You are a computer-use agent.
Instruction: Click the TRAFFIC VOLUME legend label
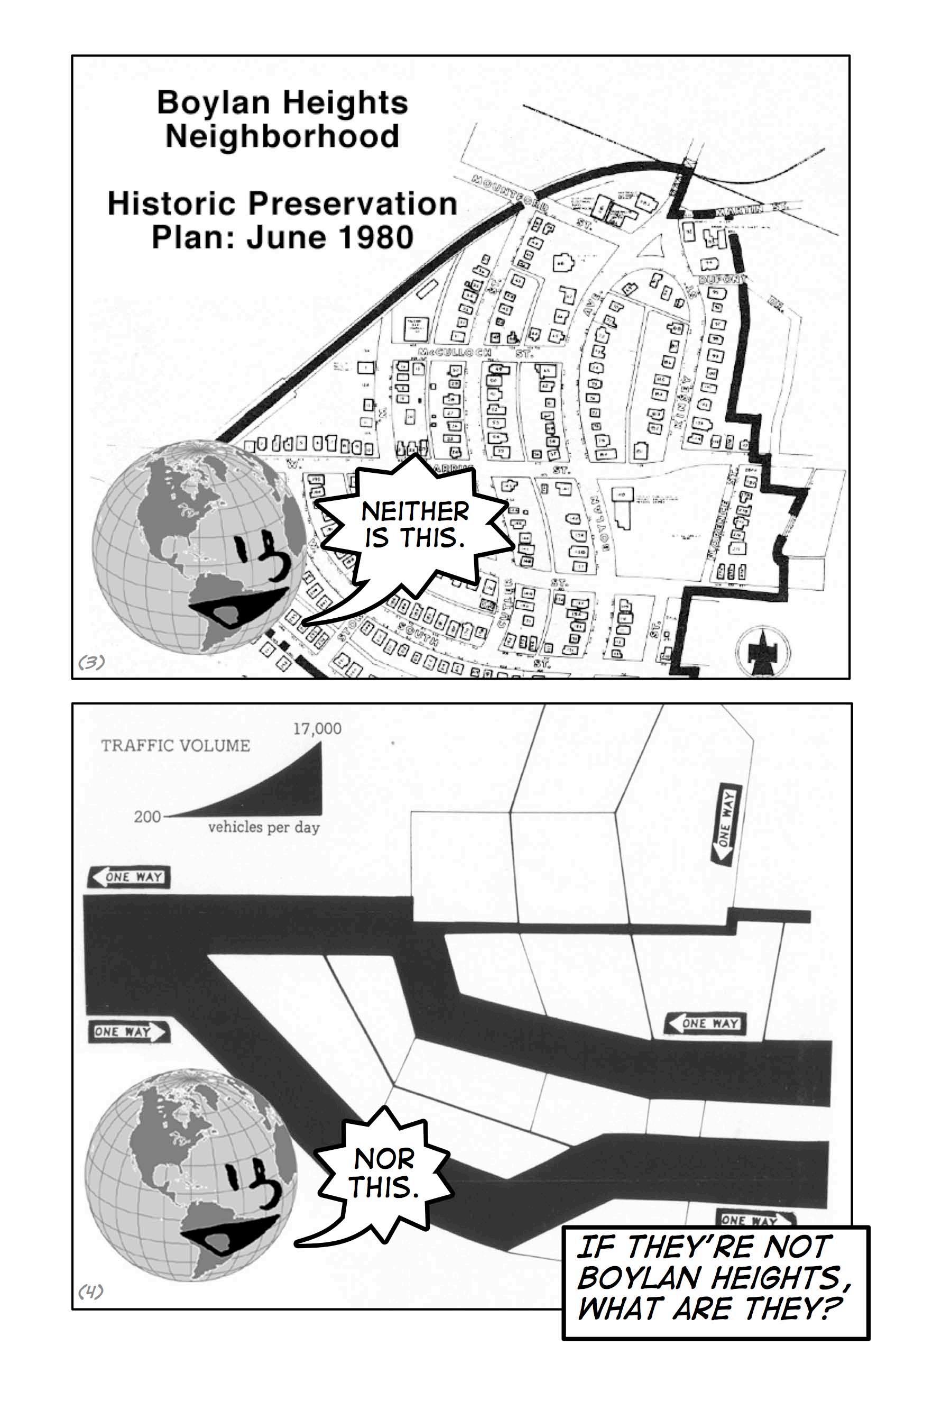(176, 746)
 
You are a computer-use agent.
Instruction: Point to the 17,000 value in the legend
(317, 729)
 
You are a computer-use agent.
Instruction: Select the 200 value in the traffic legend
(147, 817)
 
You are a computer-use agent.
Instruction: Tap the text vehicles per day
(264, 827)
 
